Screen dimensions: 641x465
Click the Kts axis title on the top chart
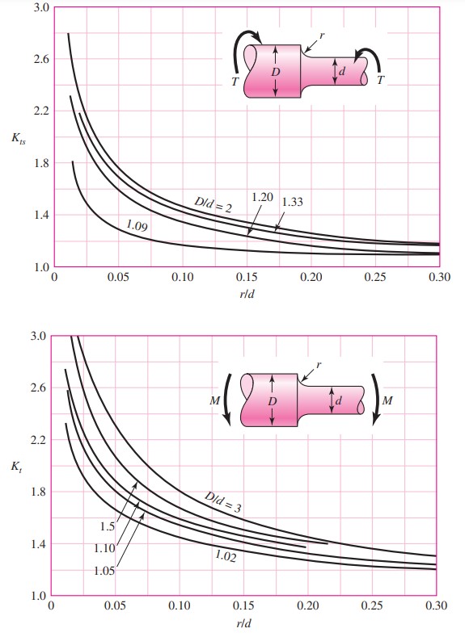pos(18,140)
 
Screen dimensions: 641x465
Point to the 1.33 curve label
pos(291,202)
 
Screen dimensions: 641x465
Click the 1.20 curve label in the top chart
pos(261,197)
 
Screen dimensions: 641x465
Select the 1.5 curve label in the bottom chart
pos(108,526)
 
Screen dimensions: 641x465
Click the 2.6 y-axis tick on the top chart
pos(37,59)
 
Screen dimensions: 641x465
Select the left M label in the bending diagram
pos(213,398)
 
